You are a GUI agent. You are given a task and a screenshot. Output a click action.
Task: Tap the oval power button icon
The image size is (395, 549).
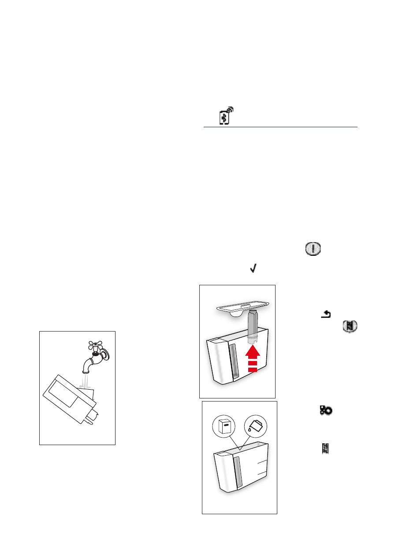[312, 249]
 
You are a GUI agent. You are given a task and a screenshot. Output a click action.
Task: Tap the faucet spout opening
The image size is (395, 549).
[86, 371]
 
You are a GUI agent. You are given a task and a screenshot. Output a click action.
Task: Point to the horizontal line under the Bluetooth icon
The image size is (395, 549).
[280, 127]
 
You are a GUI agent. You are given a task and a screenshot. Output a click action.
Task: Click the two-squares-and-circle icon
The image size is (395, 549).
[326, 410]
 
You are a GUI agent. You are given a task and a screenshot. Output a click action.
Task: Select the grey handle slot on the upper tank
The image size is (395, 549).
[234, 362]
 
